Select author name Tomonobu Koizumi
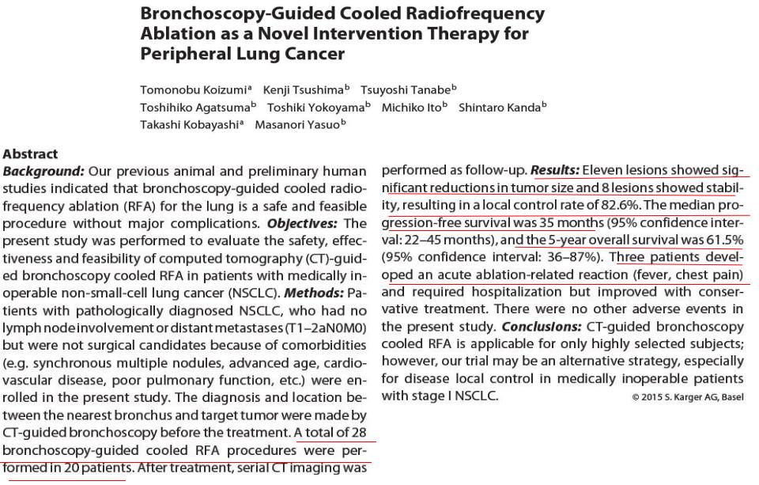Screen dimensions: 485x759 click(194, 89)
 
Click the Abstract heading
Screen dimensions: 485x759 click(30, 154)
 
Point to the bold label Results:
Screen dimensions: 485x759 click(555, 170)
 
